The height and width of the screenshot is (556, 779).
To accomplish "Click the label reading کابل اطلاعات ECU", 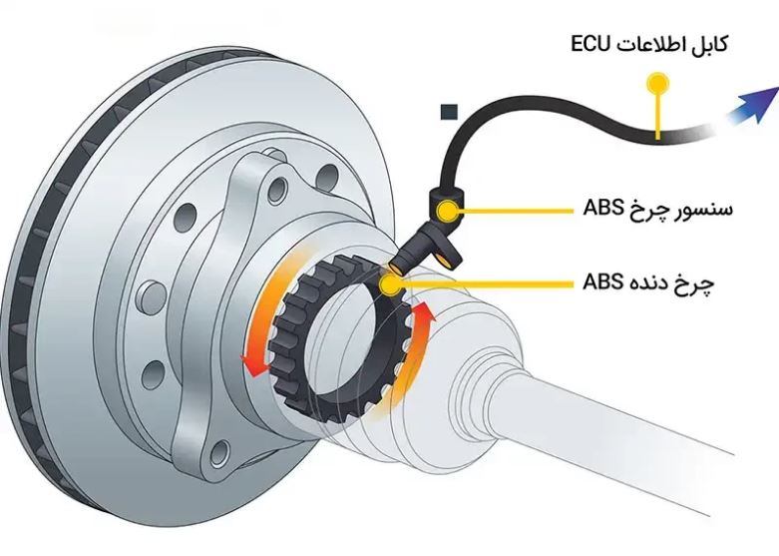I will coord(649,44).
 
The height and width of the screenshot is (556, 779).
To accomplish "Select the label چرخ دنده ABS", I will coord(648,281).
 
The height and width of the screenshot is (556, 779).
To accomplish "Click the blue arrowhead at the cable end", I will coord(761,100).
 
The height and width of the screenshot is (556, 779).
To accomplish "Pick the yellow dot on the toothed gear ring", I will coord(391,282).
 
